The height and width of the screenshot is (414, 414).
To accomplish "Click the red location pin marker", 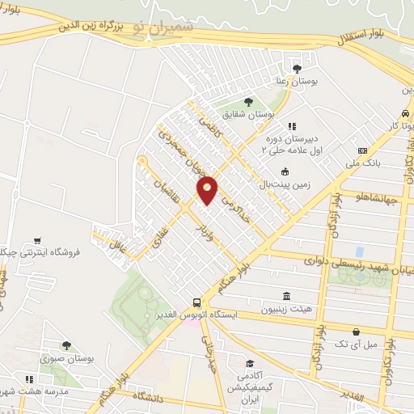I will click(x=207, y=190).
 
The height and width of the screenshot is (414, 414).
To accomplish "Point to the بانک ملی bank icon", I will click(x=362, y=151).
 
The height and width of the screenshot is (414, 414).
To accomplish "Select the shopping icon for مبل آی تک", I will click(x=356, y=332).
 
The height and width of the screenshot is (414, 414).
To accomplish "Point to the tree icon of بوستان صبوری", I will click(x=66, y=345).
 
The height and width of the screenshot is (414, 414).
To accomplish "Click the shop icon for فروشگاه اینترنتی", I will click(x=37, y=240).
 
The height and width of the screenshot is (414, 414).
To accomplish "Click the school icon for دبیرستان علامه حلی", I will click(x=293, y=126).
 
